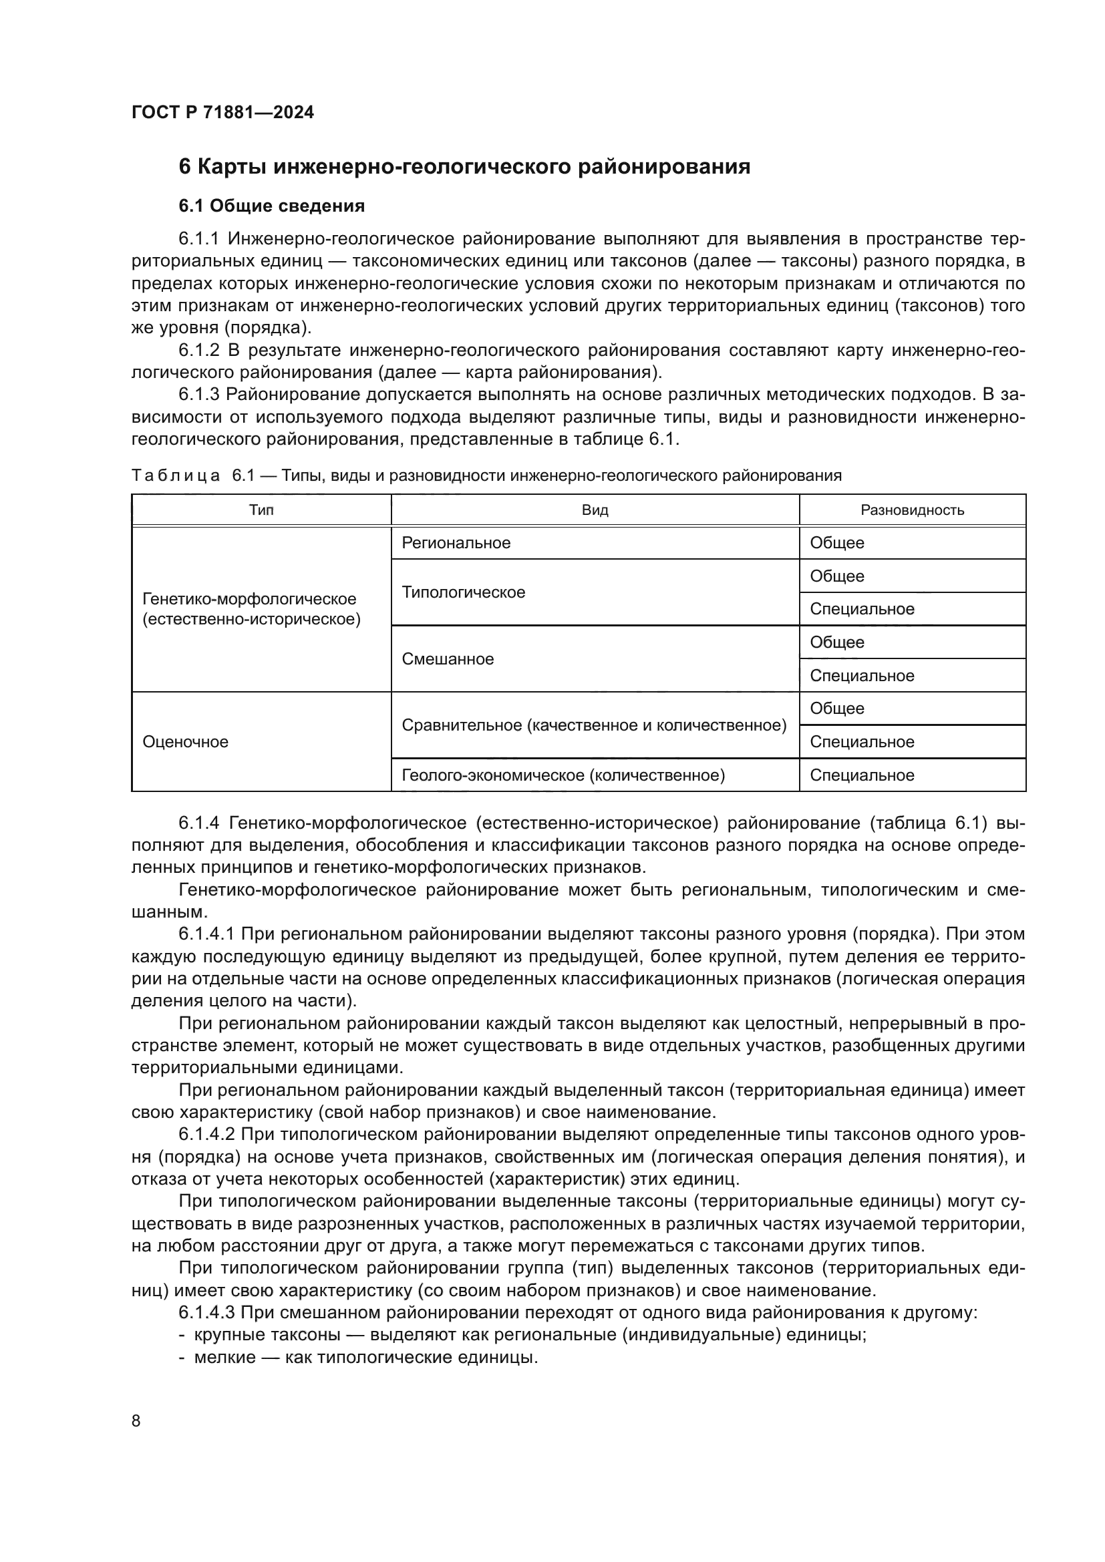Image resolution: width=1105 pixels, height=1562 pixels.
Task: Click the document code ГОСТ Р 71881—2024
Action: [x=222, y=113]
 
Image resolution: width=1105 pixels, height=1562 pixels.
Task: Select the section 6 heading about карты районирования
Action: [x=464, y=167]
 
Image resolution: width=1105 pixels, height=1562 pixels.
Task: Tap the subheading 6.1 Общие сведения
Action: [x=271, y=206]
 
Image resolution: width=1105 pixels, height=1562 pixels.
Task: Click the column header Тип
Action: [x=261, y=510]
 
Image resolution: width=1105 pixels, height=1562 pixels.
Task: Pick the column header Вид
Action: [x=595, y=510]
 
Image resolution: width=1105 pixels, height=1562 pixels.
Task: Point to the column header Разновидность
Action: [x=912, y=510]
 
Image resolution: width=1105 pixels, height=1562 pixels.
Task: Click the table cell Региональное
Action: [x=456, y=543]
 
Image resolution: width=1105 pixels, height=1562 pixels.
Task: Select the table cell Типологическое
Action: [x=464, y=592]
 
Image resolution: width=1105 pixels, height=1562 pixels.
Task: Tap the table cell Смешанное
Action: [x=448, y=659]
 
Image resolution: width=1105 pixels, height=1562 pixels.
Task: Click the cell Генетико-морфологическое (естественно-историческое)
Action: [x=251, y=609]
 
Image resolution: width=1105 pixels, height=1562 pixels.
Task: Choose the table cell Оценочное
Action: [x=185, y=742]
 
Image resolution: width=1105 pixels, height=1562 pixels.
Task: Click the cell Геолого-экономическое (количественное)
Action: [x=563, y=775]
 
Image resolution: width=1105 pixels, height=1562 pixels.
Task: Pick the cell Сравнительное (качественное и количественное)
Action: [x=594, y=725]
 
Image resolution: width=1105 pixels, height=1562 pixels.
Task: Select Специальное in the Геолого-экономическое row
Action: [x=861, y=775]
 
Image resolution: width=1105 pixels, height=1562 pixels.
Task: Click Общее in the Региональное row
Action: [x=837, y=543]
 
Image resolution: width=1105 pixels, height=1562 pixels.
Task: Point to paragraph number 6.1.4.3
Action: [x=206, y=1313]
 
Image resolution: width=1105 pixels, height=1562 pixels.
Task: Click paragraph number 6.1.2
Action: [x=199, y=351]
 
